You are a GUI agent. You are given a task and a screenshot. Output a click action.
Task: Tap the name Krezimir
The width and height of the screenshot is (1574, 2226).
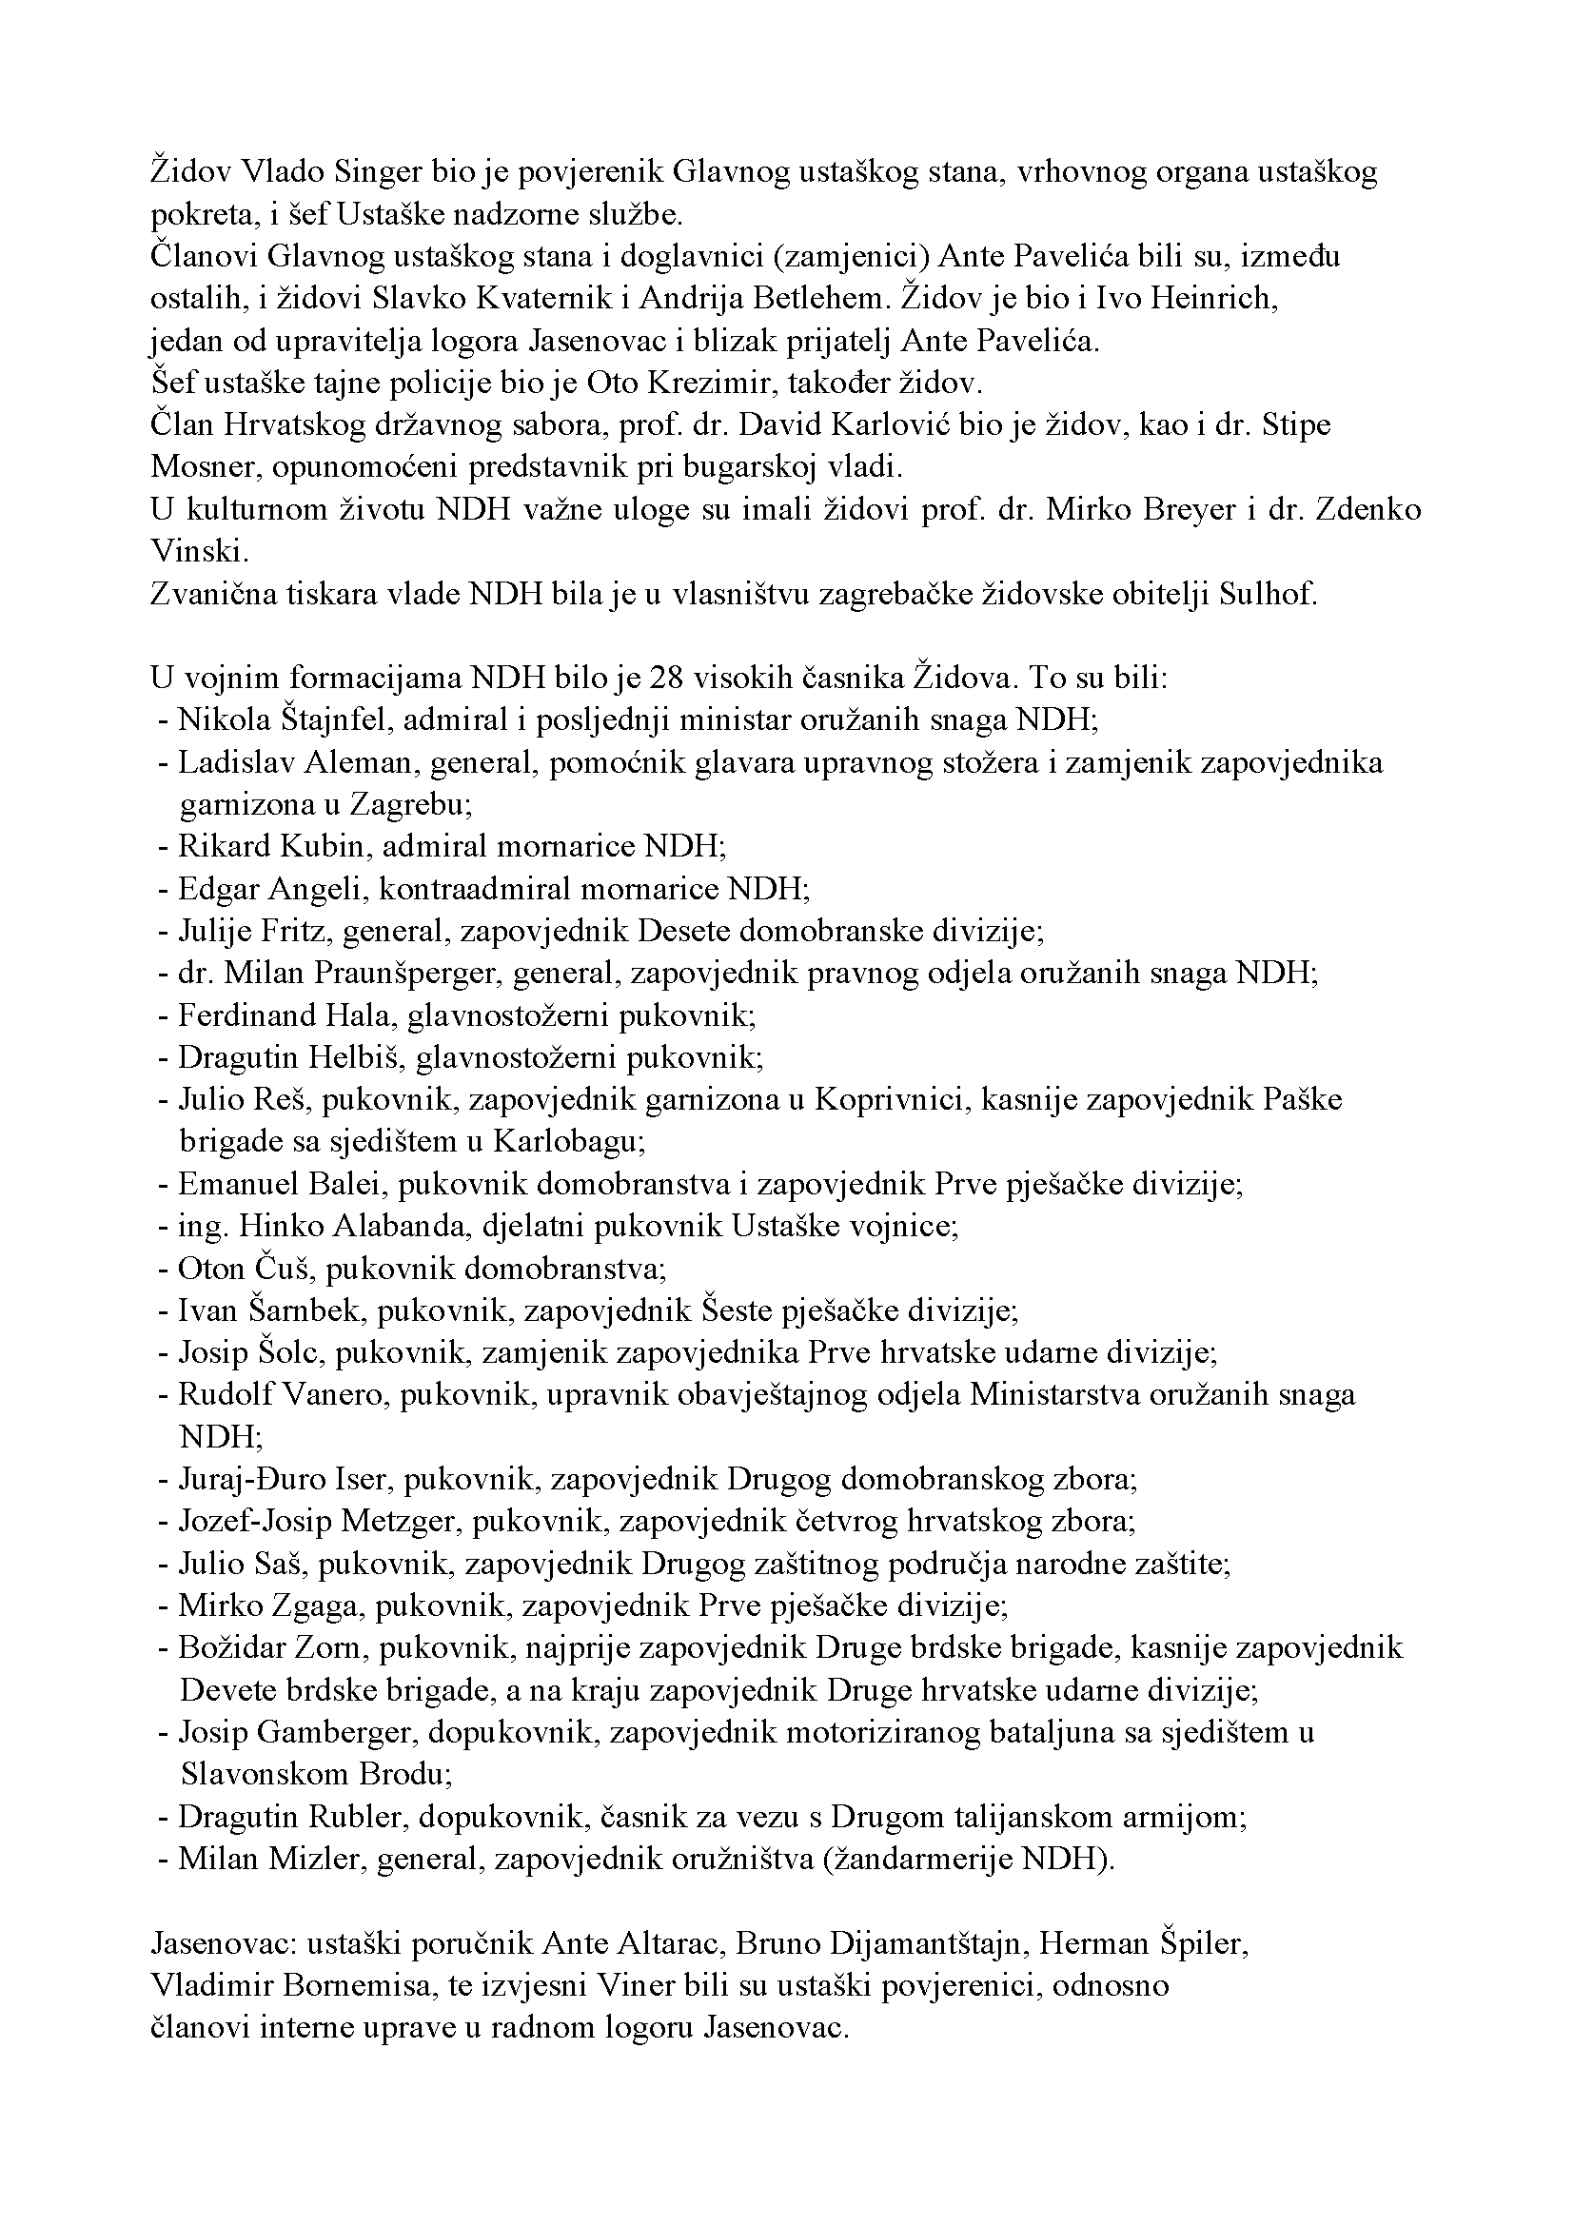(699, 383)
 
